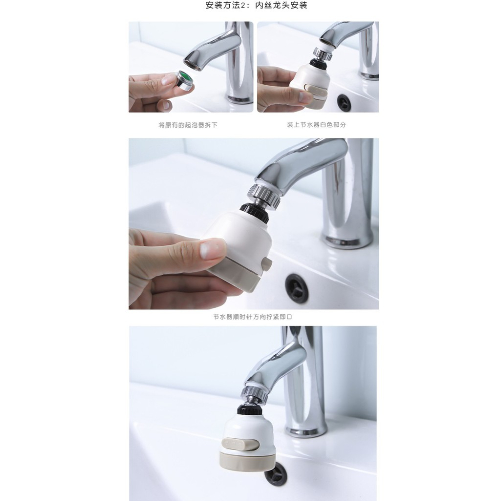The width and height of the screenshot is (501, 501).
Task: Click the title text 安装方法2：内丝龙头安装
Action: click(x=256, y=6)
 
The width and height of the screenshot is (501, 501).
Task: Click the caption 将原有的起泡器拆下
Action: click(x=188, y=125)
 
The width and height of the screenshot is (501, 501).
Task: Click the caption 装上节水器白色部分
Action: click(x=316, y=125)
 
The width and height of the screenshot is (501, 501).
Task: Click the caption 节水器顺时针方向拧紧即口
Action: click(x=253, y=317)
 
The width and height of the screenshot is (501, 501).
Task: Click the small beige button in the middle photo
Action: click(x=266, y=264)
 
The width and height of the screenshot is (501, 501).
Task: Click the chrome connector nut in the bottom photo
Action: click(x=256, y=394)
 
